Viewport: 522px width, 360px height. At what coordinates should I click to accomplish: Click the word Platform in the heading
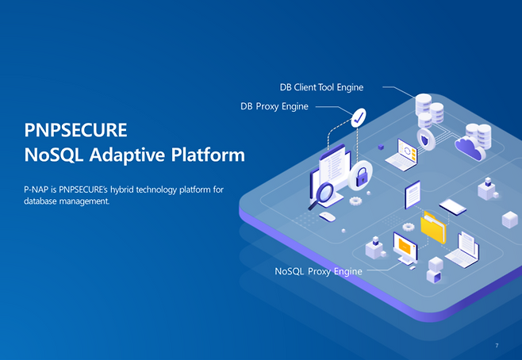point(208,155)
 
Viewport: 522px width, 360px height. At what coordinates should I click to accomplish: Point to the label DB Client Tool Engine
point(321,86)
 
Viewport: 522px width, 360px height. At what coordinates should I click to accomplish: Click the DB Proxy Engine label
point(274,105)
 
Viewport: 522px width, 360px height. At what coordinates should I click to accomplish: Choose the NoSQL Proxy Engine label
point(318,271)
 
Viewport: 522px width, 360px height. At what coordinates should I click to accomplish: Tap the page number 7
point(497,346)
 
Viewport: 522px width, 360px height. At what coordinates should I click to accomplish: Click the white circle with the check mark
point(359,118)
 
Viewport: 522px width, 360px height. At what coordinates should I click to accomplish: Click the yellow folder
point(433,227)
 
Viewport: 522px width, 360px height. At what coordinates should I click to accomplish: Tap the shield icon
point(426,142)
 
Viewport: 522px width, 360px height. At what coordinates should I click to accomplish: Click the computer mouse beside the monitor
point(327,216)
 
